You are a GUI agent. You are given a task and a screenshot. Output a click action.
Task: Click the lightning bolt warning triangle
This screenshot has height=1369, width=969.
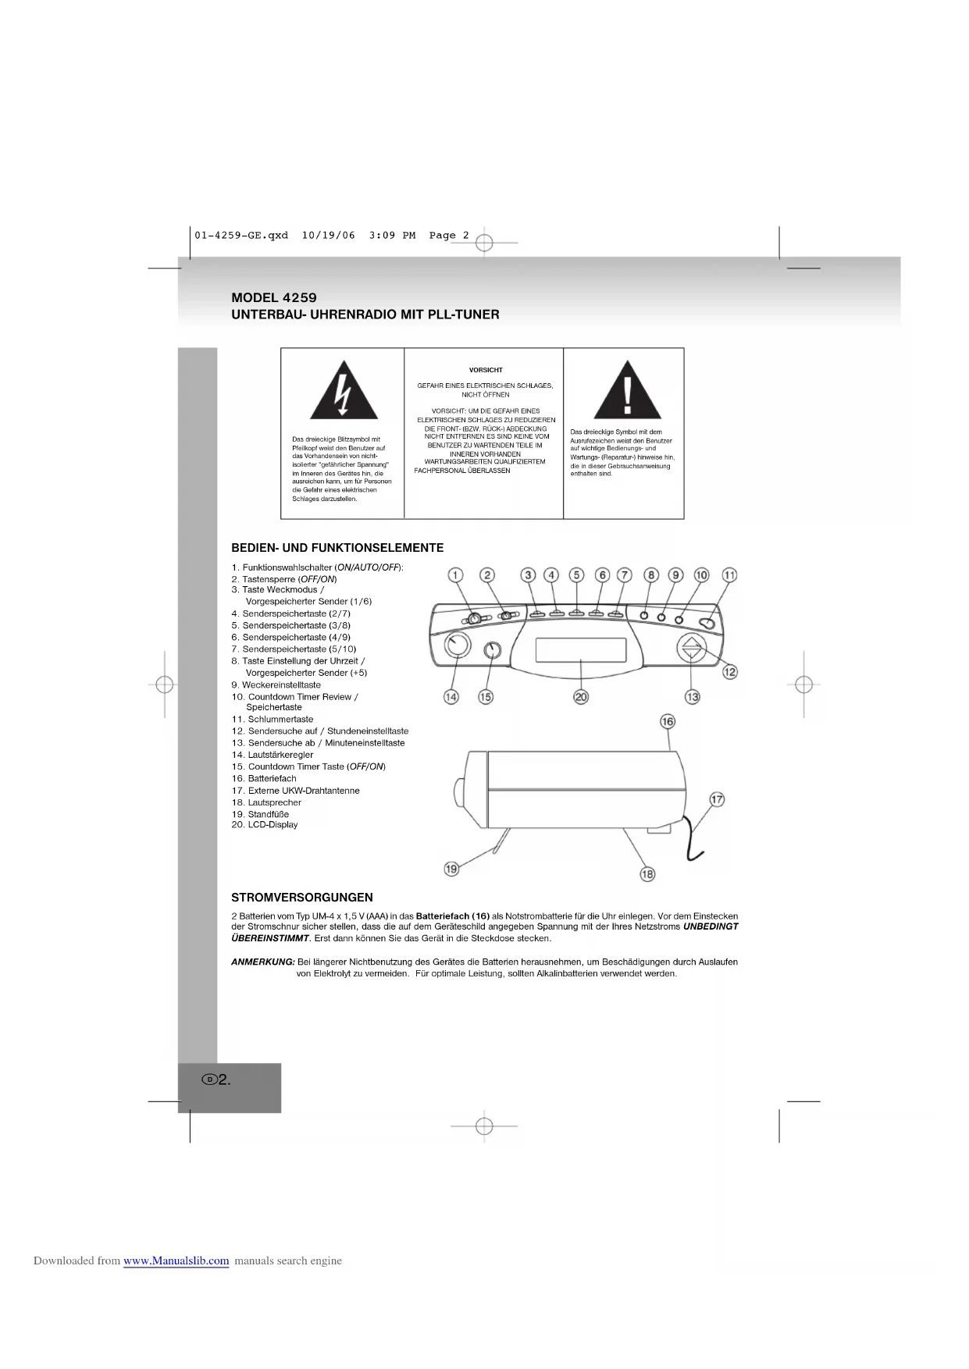[x=344, y=392]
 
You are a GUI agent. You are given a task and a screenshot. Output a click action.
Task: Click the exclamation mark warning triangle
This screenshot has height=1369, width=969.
[x=627, y=392]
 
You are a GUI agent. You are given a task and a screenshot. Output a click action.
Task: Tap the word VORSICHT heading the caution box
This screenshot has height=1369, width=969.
[x=486, y=370]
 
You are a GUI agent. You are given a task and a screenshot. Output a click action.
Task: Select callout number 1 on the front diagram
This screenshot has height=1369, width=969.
[x=455, y=575]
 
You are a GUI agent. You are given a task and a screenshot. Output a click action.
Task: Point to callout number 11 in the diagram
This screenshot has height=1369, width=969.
[x=729, y=575]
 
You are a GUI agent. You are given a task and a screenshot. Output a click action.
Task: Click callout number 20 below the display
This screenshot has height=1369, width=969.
[x=581, y=697]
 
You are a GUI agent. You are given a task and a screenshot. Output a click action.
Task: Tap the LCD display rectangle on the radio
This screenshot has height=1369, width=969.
[x=581, y=649]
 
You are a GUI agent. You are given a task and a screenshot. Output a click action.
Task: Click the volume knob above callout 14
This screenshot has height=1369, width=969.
[x=457, y=645]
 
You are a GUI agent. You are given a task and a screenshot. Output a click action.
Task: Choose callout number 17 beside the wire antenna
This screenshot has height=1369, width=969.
[x=717, y=799]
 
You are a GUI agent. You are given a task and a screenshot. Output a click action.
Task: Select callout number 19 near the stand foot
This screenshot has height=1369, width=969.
[x=451, y=869]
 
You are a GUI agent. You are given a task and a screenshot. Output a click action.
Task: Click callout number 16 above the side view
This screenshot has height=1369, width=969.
[x=668, y=721]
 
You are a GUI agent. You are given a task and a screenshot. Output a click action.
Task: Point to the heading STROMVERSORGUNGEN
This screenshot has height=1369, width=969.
[x=302, y=898]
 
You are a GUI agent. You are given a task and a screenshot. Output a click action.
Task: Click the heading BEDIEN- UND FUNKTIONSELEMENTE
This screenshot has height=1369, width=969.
[x=337, y=548]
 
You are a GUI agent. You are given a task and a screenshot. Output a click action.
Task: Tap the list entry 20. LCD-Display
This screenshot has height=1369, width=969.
[x=265, y=825]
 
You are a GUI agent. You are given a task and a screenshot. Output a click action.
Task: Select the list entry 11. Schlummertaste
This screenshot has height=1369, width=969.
[x=273, y=720]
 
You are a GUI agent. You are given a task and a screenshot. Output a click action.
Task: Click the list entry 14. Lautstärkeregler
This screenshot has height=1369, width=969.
[x=273, y=755]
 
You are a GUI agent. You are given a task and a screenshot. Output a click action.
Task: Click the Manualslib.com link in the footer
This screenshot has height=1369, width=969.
[x=176, y=1261]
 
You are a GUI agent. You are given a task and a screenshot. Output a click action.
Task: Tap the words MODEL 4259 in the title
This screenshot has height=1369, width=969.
[x=274, y=297]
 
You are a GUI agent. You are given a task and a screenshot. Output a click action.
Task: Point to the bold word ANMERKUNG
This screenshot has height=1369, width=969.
[x=263, y=962]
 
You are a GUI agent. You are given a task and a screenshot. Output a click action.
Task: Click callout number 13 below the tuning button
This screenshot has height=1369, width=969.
[x=693, y=697]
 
